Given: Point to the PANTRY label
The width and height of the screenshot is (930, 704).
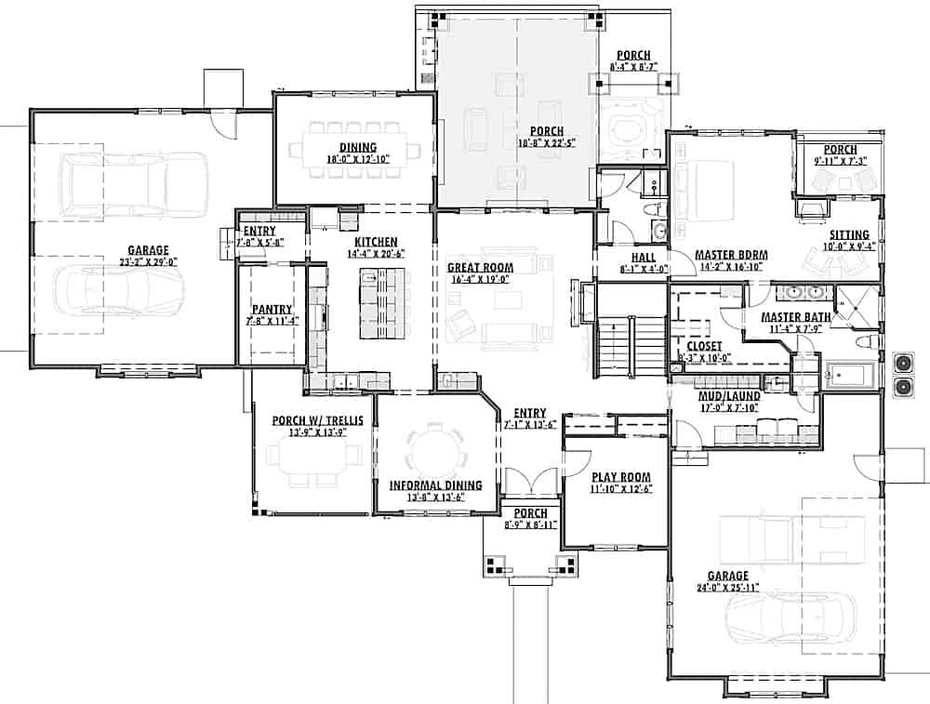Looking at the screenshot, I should [272, 310].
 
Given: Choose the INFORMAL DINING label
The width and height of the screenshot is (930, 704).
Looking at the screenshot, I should [435, 485].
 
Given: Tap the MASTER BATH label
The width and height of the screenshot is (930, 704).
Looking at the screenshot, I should [789, 317].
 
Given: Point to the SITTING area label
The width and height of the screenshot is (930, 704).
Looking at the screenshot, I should [848, 235].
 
